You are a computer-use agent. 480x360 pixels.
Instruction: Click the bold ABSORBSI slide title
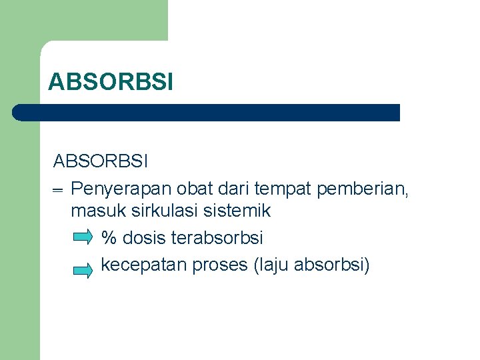[x=111, y=82]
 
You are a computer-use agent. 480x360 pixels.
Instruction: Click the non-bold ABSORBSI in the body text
[x=101, y=161]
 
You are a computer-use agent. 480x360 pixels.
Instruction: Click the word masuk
[x=95, y=211]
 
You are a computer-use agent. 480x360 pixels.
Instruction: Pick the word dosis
[x=144, y=237]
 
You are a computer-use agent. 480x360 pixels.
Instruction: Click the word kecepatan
[x=144, y=265]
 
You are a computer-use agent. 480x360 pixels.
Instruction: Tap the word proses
[x=221, y=265]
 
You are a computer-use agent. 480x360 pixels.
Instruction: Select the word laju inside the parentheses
[x=272, y=265]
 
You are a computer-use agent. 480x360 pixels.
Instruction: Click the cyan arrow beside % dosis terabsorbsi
[x=83, y=237]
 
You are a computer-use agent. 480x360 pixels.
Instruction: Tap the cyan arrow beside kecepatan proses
[x=83, y=270]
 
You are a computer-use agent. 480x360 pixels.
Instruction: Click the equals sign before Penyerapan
[x=57, y=191]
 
